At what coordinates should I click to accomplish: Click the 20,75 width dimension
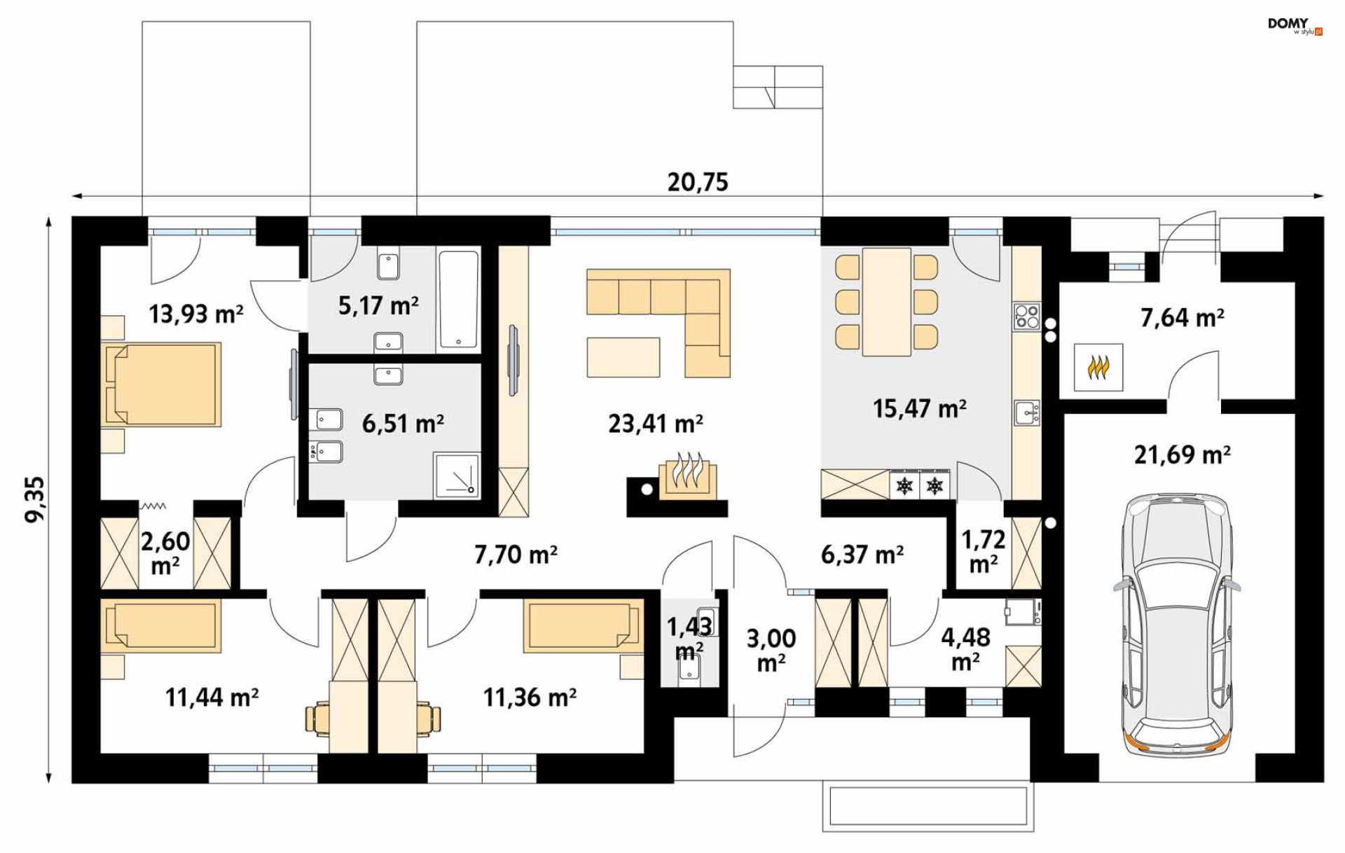pos(698,182)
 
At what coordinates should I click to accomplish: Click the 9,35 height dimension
pos(34,499)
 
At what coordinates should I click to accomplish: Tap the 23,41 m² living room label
pos(655,424)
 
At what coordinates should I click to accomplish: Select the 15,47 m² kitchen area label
pos(919,408)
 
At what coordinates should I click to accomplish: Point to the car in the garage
pos(1177,625)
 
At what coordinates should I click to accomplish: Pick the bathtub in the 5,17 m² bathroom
pos(458,300)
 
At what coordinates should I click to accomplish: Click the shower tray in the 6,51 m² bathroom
pos(457,476)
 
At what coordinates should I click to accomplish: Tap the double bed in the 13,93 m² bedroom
pos(162,384)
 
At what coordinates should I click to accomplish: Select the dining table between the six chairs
pos(887,303)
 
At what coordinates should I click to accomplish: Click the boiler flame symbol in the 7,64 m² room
pos(1098,366)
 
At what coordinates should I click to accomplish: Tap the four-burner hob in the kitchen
pos(1026,317)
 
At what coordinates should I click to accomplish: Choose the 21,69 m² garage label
pos(1182,455)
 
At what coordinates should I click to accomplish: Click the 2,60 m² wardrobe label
pos(165,553)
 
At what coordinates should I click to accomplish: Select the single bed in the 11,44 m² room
pos(162,626)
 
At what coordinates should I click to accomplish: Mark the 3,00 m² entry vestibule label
pos(771,649)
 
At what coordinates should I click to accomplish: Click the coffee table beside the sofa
pos(623,357)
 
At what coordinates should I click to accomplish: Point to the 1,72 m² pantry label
pos(983,551)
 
